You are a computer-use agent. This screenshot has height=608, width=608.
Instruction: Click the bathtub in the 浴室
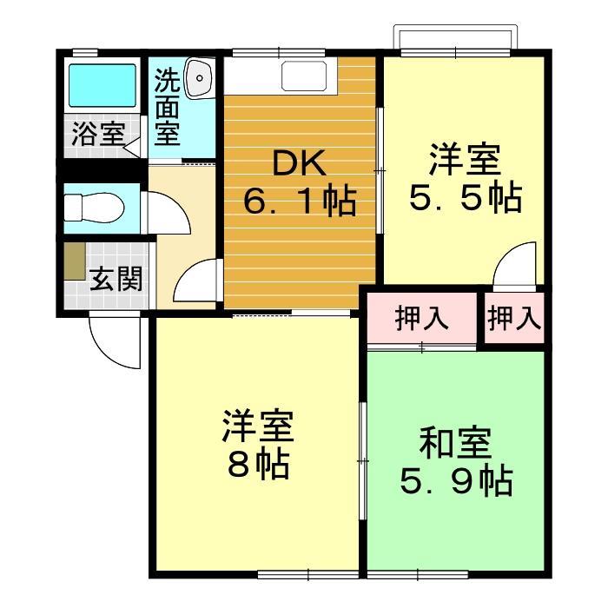tap(102, 85)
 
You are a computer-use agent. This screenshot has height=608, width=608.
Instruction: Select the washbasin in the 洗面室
tap(199, 78)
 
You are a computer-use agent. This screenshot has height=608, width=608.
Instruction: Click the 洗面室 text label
tap(167, 108)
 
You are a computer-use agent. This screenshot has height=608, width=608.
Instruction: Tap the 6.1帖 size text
tap(299, 202)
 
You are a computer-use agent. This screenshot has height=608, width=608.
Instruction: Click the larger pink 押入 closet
tap(422, 319)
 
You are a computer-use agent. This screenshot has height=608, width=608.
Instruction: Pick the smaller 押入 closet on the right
tap(514, 319)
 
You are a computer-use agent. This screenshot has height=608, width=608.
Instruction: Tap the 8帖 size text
tap(258, 466)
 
